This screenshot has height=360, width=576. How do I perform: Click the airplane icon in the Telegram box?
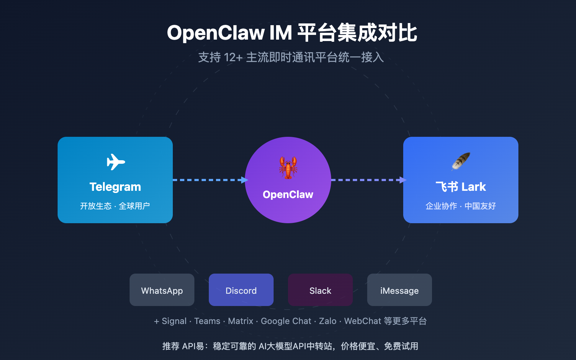coord(116,162)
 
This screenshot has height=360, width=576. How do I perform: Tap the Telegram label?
coord(115,187)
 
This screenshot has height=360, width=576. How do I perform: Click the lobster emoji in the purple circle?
coord(288,167)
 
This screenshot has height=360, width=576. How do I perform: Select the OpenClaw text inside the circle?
coord(288,194)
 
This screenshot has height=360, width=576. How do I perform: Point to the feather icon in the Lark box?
coord(461,161)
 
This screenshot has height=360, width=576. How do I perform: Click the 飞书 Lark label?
coord(461,187)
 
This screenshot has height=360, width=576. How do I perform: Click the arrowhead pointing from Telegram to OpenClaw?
coord(245,180)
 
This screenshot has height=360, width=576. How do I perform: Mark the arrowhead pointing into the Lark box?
coord(403,180)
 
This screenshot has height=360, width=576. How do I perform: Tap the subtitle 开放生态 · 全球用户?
coord(115,206)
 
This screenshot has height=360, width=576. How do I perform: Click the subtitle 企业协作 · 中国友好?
coord(461,206)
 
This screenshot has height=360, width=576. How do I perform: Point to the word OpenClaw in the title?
coord(216,33)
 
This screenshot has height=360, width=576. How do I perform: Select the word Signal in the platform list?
coord(174,321)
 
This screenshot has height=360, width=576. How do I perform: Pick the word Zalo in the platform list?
coord(328,321)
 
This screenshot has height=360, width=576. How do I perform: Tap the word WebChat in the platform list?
coord(363,321)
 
